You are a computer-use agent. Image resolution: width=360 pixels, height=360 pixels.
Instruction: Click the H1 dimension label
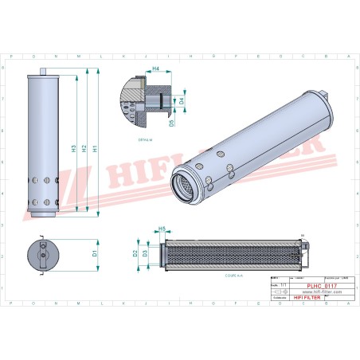(95, 148)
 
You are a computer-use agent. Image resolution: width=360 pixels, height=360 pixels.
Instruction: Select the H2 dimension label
(84, 143)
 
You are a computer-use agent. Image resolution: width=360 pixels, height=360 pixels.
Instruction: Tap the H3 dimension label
(73, 148)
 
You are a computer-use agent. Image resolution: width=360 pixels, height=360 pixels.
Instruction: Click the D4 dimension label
(182, 101)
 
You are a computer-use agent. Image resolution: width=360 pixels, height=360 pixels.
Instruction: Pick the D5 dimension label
(172, 124)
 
